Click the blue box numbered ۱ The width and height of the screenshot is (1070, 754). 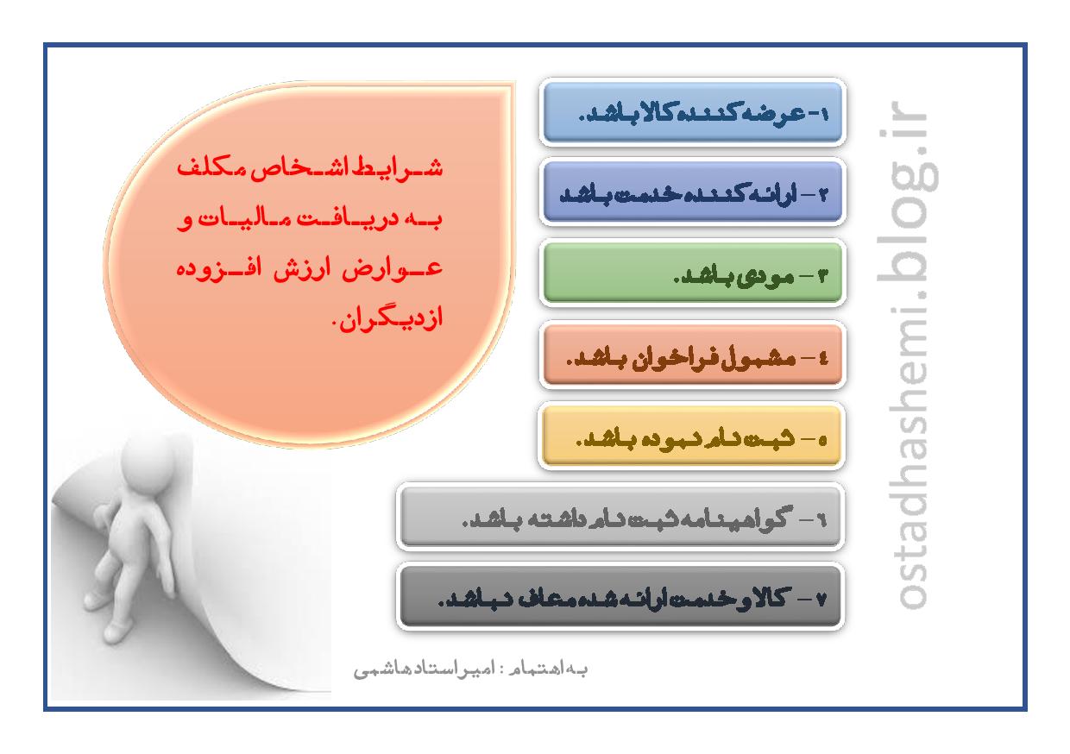(x=692, y=112)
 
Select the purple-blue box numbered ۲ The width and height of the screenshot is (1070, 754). (x=692, y=192)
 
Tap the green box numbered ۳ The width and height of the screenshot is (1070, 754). (x=692, y=273)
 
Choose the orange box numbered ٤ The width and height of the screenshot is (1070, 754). (x=692, y=355)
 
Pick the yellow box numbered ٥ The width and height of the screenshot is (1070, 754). (x=691, y=436)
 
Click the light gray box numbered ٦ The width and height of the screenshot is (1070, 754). (x=620, y=516)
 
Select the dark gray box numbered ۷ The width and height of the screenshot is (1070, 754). (x=620, y=596)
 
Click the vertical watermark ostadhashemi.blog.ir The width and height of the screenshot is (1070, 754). (x=906, y=355)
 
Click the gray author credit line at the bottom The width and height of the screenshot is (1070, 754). (x=470, y=669)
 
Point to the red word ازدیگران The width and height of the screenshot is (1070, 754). (x=388, y=317)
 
